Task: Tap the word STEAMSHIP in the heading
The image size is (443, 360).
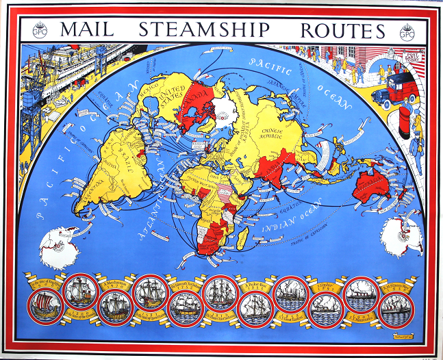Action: tap(205, 31)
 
